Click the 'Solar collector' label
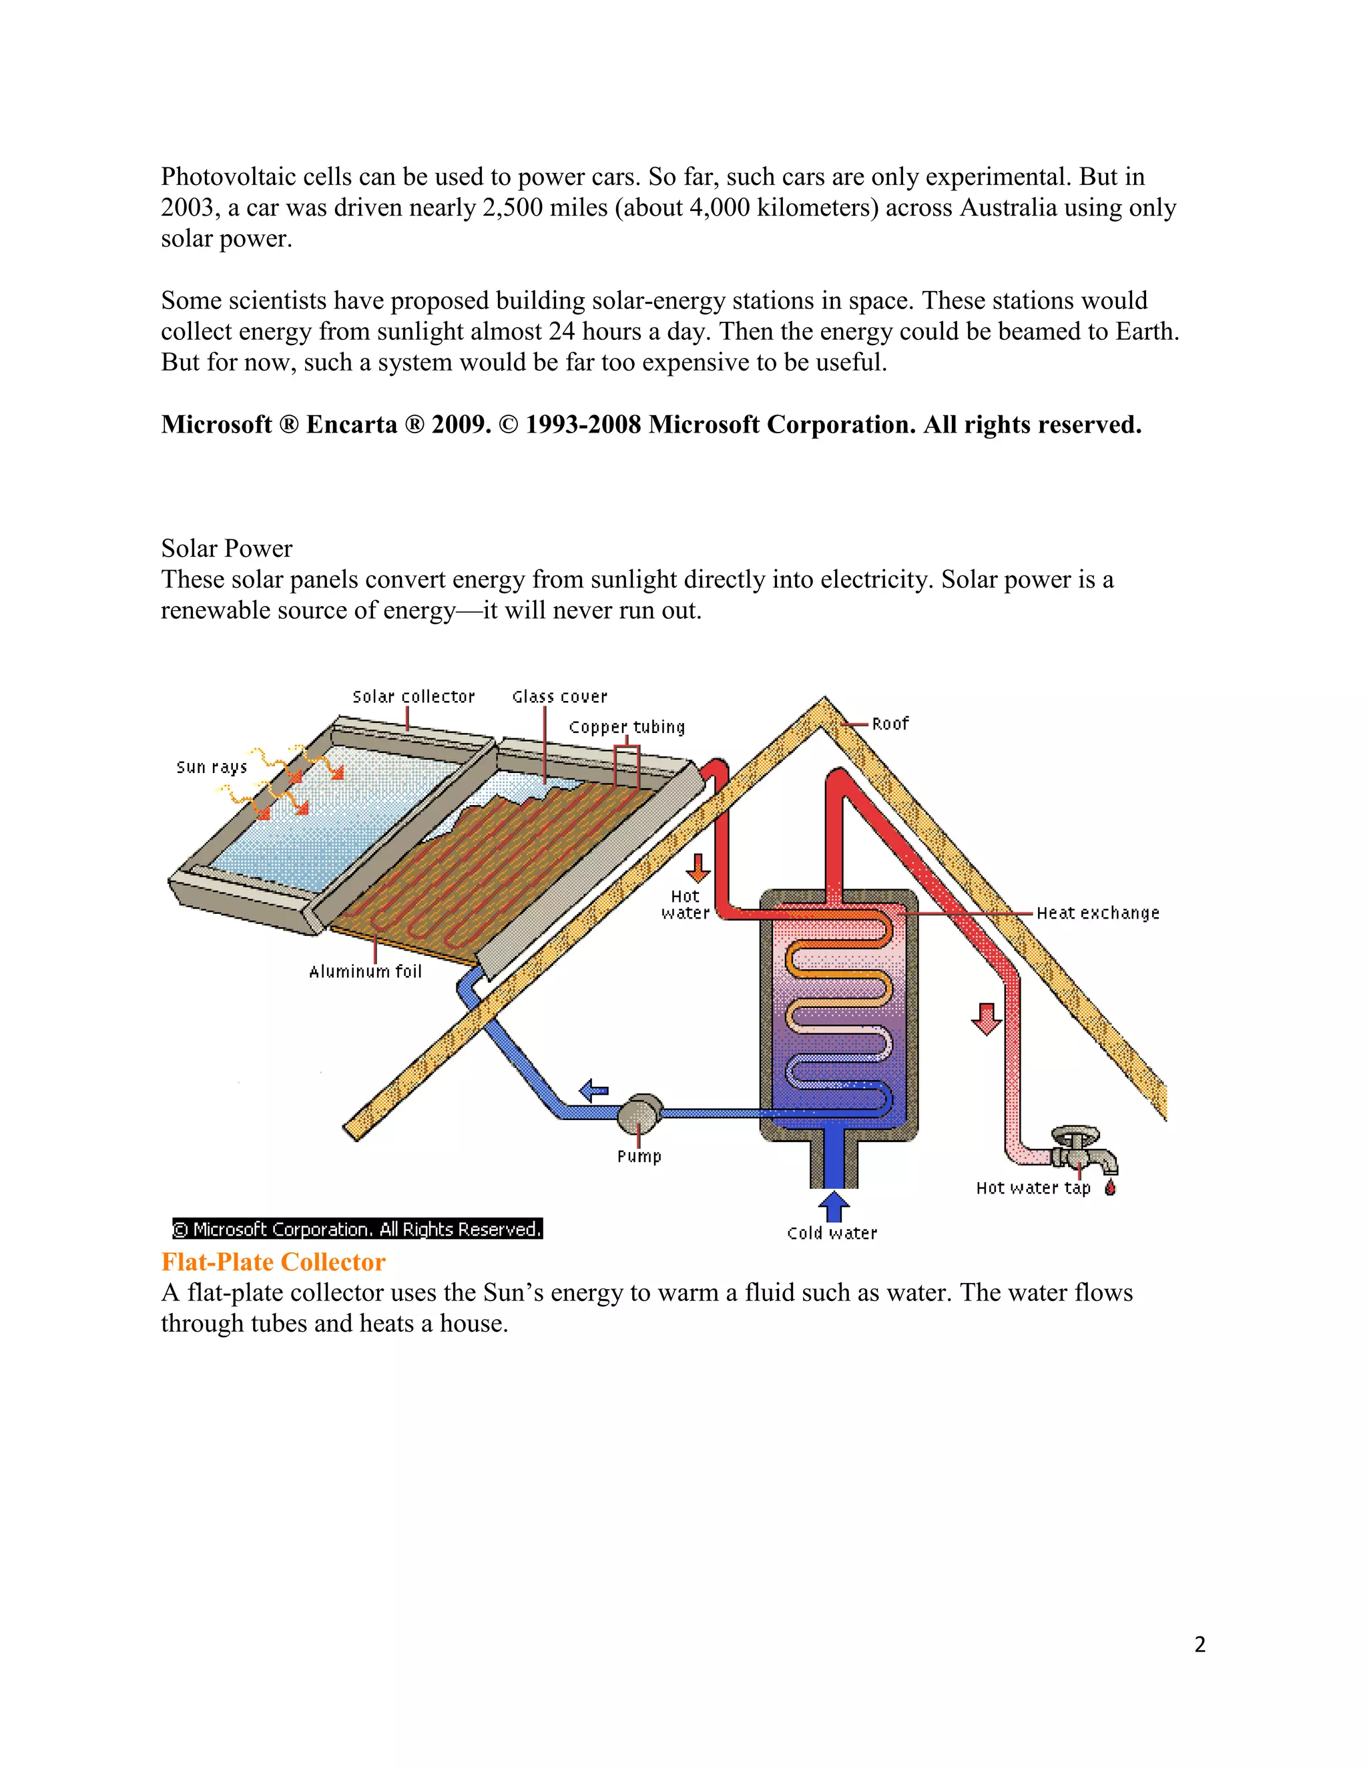(x=413, y=696)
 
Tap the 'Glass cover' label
(x=559, y=696)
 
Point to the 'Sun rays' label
(x=212, y=766)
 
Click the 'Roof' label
(x=890, y=724)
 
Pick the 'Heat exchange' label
(x=1097, y=913)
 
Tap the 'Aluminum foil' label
(x=365, y=971)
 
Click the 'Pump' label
(x=639, y=1156)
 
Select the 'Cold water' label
(x=832, y=1233)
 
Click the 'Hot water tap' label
(x=1033, y=1188)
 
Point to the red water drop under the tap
(x=1110, y=1188)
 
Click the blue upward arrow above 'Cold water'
(x=833, y=1205)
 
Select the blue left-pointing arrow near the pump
(x=595, y=1090)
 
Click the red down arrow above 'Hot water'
(x=698, y=868)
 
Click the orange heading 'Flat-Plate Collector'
(x=273, y=1262)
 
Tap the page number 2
(x=1199, y=1644)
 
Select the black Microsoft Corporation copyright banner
(x=357, y=1229)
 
